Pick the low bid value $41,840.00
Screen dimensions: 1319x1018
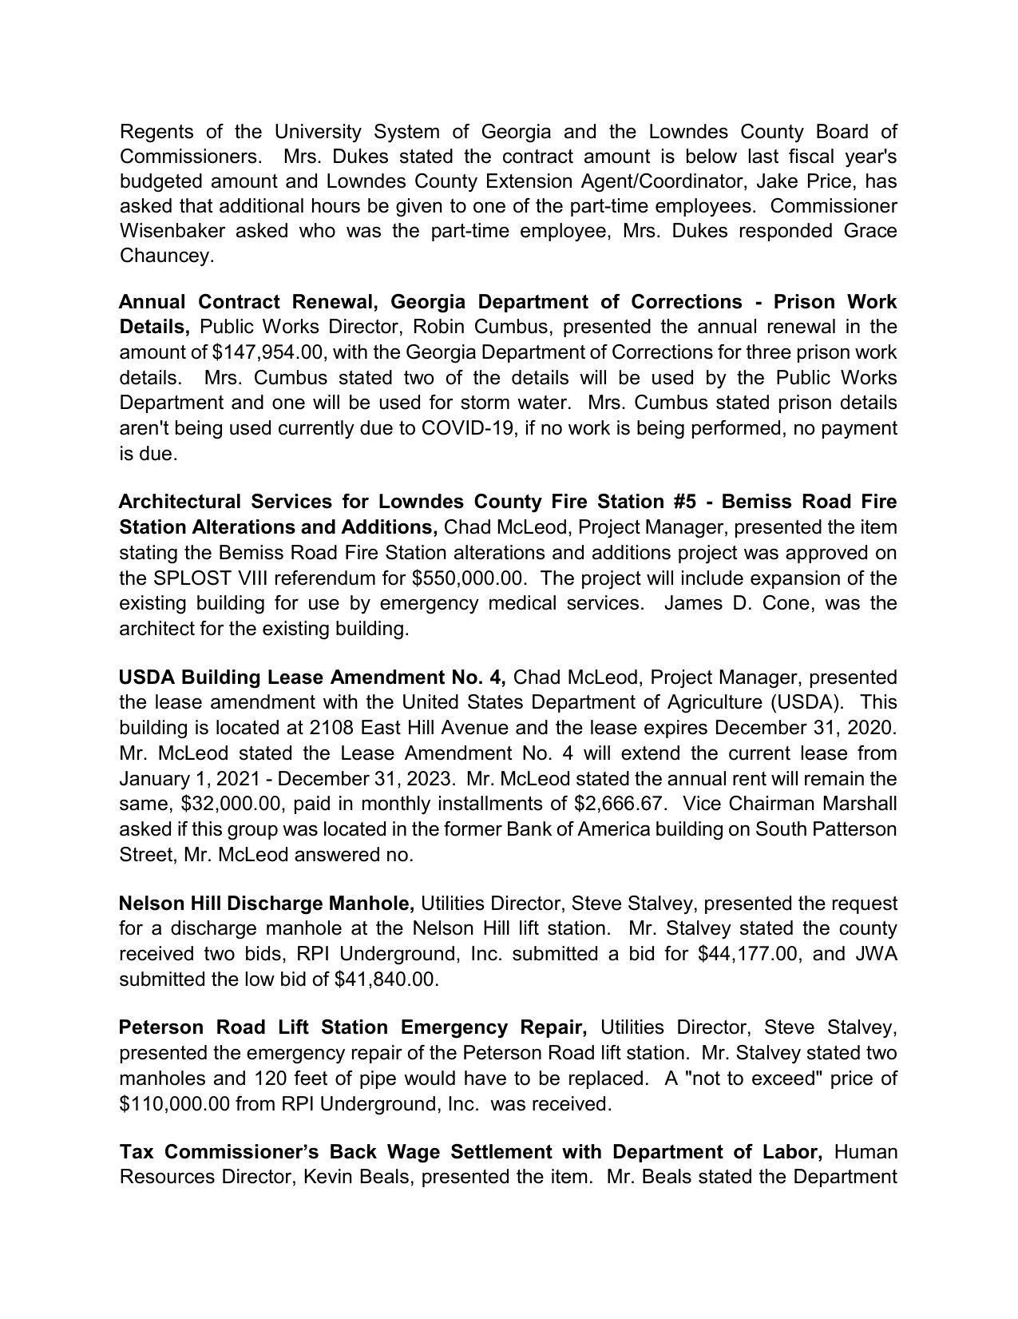[x=386, y=979]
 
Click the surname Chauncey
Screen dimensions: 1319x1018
[x=165, y=256]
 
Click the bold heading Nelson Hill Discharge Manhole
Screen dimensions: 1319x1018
[x=266, y=904]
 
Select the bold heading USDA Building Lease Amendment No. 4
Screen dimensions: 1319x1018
[x=311, y=677]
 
